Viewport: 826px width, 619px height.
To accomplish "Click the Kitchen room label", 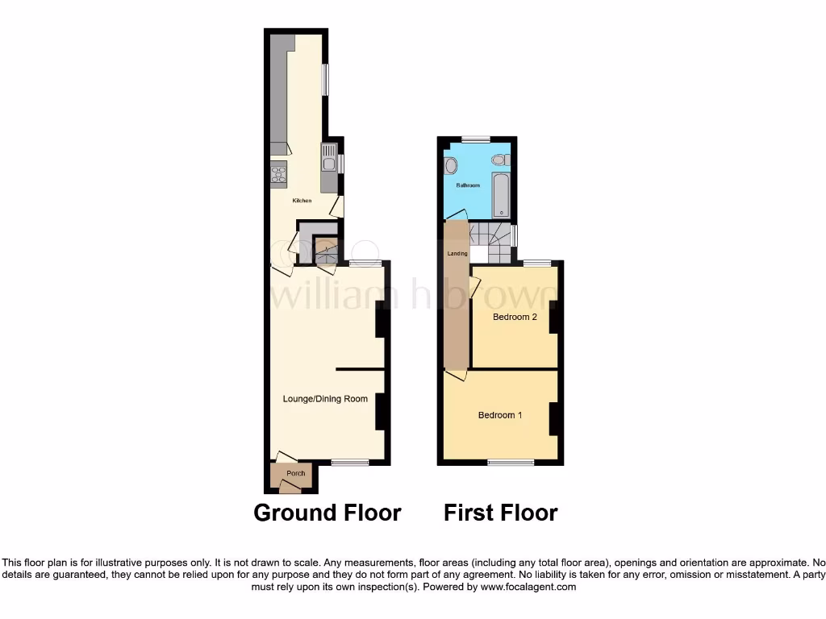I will tap(302, 200).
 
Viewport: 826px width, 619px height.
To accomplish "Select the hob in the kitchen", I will tap(278, 173).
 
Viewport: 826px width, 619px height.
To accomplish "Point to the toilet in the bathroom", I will tap(499, 160).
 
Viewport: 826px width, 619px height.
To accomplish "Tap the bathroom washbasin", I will tap(450, 166).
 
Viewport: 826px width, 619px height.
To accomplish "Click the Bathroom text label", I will tap(468, 185).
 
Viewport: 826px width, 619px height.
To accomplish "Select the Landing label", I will tap(457, 254).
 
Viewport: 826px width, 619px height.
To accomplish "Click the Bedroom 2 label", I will tap(515, 317).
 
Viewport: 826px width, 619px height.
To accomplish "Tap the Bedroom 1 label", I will tap(500, 415).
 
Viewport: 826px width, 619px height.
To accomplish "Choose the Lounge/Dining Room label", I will tap(325, 398).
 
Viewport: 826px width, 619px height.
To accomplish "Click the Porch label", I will tap(296, 473).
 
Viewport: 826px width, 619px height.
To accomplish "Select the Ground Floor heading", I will tap(327, 513).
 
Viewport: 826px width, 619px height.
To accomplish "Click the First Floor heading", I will tap(500, 513).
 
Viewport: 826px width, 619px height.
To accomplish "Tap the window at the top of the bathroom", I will tap(475, 139).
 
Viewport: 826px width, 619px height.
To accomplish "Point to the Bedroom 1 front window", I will tap(511, 463).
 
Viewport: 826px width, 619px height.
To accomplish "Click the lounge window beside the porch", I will tap(350, 463).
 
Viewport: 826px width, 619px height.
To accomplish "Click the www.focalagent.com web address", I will tap(528, 588).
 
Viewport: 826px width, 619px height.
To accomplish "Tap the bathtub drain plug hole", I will tap(502, 213).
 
